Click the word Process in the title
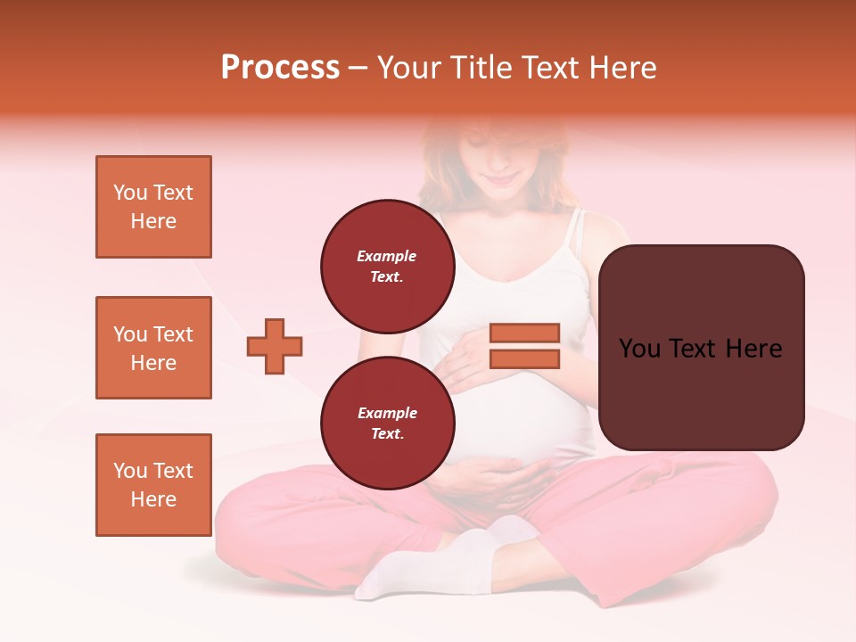point(280,68)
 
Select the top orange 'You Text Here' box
point(153,207)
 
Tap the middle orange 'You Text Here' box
point(153,348)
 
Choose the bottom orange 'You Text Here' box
point(153,485)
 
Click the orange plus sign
point(275,346)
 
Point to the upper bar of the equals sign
point(524,333)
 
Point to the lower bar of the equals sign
point(524,359)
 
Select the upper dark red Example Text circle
point(387,266)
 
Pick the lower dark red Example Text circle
point(387,423)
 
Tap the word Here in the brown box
point(753,349)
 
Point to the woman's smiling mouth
point(501,179)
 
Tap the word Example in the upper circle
point(387,256)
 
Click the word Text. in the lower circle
point(387,434)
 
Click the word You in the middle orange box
point(129,334)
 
